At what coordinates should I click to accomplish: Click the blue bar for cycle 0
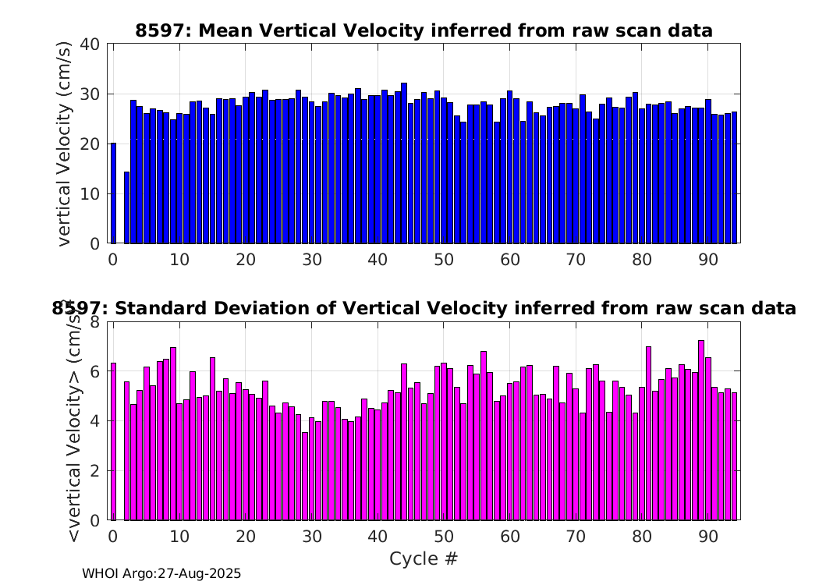coord(113,193)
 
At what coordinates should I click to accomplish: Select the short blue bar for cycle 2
coord(126,207)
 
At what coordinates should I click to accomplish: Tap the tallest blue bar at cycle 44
coord(404,163)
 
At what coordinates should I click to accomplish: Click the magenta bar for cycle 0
coord(113,441)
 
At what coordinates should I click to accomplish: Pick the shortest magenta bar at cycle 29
coord(305,477)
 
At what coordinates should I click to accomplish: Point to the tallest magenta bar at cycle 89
coord(701,431)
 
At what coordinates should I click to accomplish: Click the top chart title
coord(424,30)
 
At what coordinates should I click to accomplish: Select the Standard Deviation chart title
coord(424,308)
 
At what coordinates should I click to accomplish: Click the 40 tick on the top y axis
coord(90,44)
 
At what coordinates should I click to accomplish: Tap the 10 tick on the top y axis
coord(90,193)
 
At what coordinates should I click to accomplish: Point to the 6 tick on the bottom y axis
coord(95,371)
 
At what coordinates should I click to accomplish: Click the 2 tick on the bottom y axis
coord(95,470)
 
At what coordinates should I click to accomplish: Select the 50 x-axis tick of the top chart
coord(444,260)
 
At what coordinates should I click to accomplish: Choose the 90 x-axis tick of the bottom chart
coord(708,537)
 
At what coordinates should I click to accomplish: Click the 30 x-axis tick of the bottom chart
coord(312,537)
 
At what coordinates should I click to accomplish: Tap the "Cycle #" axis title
coord(424,558)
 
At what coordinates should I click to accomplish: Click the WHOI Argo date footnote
coord(161,573)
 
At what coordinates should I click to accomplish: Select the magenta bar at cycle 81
coord(648,434)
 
